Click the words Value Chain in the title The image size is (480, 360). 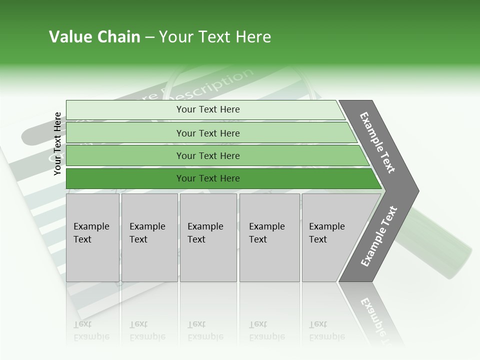(x=94, y=37)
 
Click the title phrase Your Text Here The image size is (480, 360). (x=215, y=37)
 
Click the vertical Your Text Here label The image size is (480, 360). (x=57, y=143)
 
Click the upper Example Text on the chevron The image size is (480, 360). (x=377, y=142)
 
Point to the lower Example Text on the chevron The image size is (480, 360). (x=378, y=236)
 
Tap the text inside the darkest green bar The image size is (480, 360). (x=208, y=178)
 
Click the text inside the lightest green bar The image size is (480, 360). (x=208, y=109)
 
